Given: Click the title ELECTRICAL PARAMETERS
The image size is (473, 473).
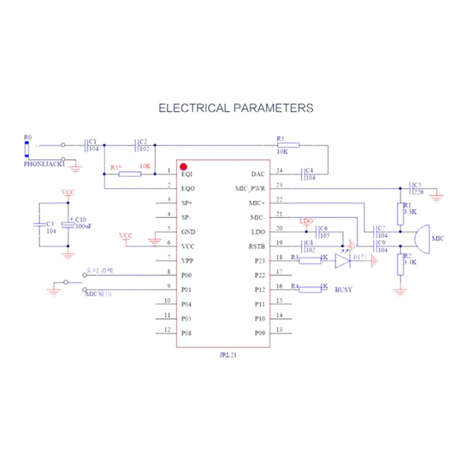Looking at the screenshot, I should (x=236, y=108).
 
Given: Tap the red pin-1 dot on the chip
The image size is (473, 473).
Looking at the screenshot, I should (x=185, y=166).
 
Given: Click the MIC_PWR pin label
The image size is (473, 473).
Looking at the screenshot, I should (x=249, y=188).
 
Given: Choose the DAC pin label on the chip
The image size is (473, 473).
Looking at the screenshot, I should (x=258, y=174).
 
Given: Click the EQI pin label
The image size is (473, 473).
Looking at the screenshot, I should (x=187, y=174).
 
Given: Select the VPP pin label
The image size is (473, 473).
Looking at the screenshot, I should (x=188, y=260).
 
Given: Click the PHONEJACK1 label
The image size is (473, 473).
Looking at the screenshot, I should (x=45, y=164).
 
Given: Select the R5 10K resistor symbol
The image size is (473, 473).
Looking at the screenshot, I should (x=288, y=145).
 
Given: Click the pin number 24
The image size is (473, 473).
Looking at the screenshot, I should (x=279, y=172).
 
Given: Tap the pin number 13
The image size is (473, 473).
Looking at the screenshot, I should (x=279, y=330).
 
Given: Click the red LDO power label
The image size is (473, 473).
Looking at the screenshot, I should (x=305, y=221).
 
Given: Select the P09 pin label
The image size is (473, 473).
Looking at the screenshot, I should (x=259, y=332).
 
